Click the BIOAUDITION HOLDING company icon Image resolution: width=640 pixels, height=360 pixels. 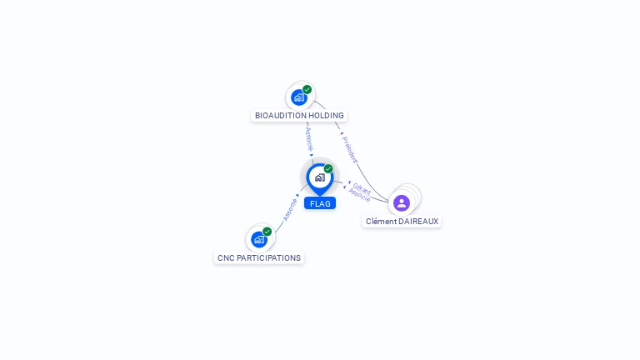click(299, 97)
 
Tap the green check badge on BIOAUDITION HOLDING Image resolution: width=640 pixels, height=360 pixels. click(307, 89)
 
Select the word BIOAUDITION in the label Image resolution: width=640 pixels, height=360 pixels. click(280, 116)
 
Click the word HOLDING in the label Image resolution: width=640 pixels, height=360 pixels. click(326, 116)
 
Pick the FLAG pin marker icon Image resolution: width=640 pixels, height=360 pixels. click(320, 179)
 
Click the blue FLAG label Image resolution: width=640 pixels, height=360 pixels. click(320, 203)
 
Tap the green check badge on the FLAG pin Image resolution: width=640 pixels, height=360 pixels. click(328, 168)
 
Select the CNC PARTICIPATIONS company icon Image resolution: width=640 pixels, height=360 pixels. click(259, 240)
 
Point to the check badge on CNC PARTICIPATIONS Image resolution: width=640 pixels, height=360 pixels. click(267, 232)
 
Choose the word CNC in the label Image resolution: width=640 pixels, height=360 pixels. click(226, 258)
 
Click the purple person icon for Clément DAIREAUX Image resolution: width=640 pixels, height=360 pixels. click(402, 202)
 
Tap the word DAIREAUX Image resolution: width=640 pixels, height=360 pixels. click(419, 221)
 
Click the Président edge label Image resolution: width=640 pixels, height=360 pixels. click(350, 150)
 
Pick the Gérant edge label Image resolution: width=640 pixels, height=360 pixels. click(362, 188)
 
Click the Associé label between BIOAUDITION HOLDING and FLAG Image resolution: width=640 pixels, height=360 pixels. click(309, 139)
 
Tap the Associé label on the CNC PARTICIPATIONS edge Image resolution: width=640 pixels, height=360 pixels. click(290, 210)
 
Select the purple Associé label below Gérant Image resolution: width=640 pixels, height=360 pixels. click(360, 195)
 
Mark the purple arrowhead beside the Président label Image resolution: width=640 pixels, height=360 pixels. click(342, 133)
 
